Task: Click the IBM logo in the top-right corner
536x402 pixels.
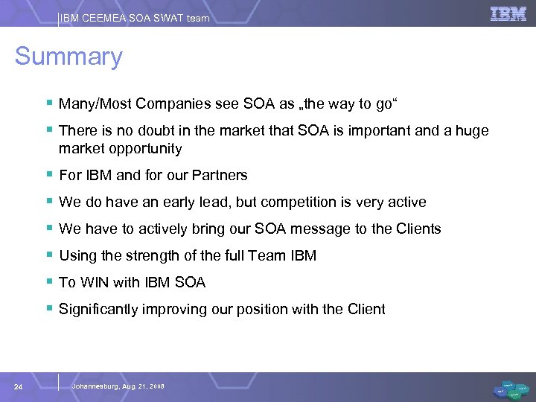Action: point(508,13)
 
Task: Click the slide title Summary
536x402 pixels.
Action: point(68,57)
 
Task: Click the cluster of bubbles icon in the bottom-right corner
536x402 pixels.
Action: point(511,389)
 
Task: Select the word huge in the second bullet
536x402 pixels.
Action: point(473,131)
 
